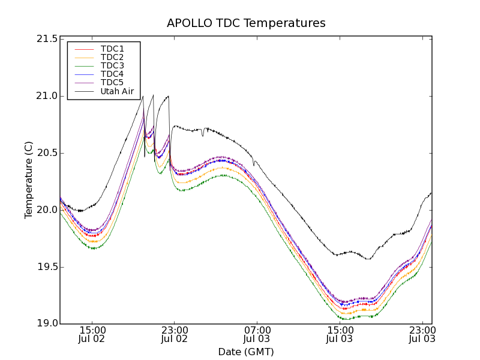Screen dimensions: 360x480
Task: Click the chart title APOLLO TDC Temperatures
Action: click(246, 23)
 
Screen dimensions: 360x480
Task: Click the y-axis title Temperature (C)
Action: click(29, 180)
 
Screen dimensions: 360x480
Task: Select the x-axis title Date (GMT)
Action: click(246, 352)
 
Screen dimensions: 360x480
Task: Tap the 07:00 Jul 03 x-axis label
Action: click(257, 335)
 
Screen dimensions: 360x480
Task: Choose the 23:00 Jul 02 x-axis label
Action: click(175, 335)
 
